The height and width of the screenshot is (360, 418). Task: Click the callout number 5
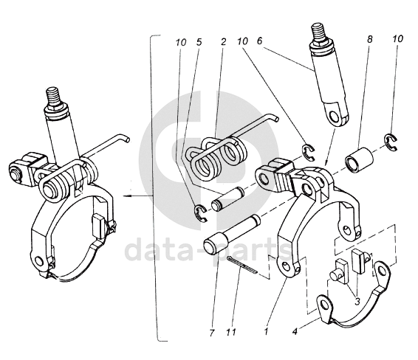(199, 42)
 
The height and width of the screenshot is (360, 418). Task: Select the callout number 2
(223, 41)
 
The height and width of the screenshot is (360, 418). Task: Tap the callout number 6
(259, 41)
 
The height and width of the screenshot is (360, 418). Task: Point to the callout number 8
(369, 39)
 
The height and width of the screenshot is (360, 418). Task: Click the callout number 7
(212, 333)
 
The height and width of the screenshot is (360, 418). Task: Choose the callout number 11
(231, 332)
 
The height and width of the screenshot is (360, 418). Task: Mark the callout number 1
(266, 331)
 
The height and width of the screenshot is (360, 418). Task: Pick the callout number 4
(295, 332)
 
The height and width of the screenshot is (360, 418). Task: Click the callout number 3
(357, 301)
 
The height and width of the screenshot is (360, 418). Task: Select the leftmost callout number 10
(181, 42)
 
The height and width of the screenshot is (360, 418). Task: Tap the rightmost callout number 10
(397, 39)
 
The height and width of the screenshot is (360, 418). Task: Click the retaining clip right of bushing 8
(391, 143)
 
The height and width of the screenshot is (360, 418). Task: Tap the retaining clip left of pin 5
(200, 212)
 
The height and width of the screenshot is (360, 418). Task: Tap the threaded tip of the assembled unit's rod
(54, 96)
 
